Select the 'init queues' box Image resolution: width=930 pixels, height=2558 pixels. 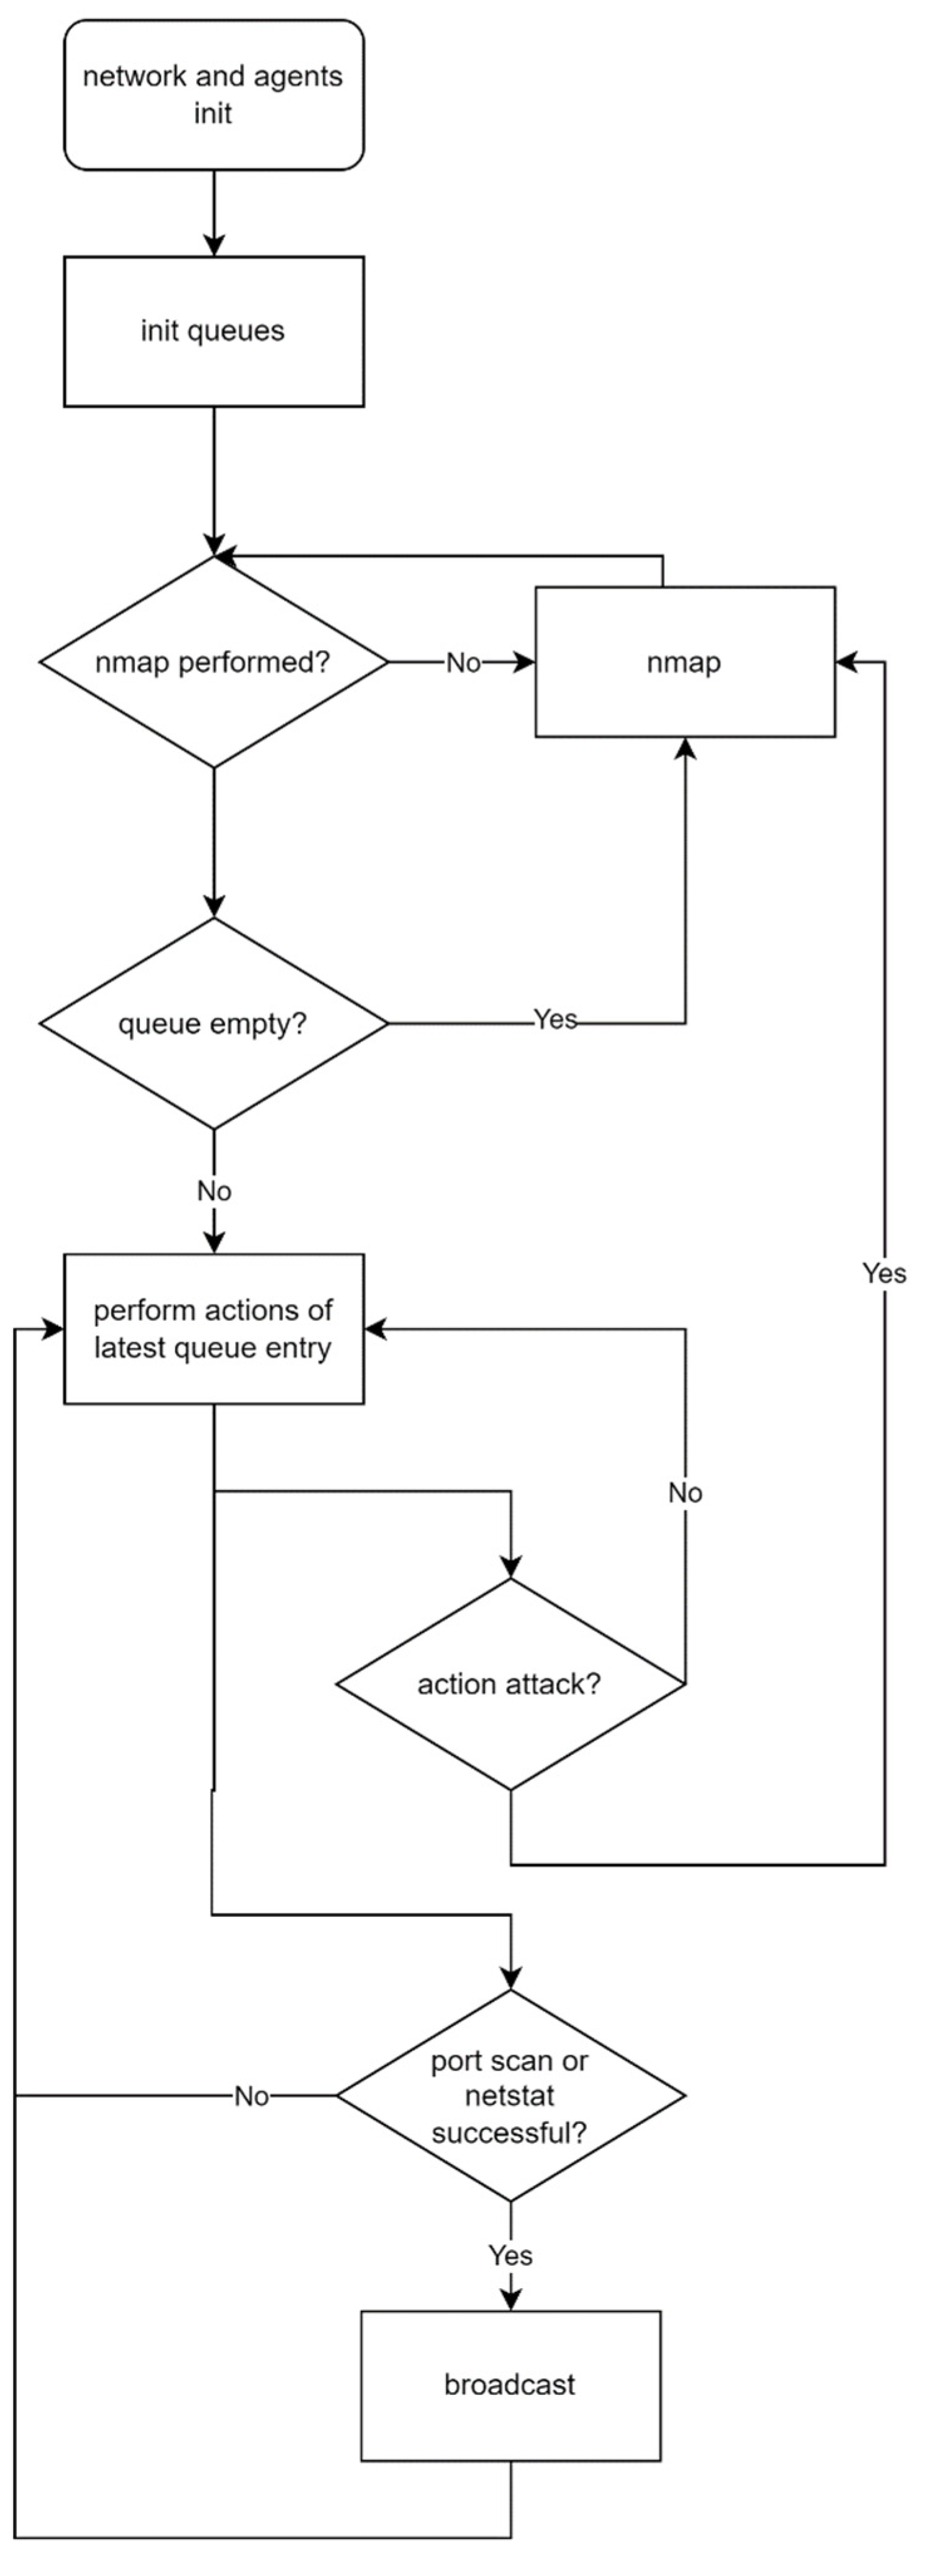click(213, 331)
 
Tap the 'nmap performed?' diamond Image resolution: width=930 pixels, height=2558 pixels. click(213, 663)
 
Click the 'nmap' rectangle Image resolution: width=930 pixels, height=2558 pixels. click(685, 663)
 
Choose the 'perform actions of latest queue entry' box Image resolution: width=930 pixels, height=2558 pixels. click(213, 1329)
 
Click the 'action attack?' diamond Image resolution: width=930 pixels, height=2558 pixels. click(510, 1684)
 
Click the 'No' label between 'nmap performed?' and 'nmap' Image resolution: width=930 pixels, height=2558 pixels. click(463, 663)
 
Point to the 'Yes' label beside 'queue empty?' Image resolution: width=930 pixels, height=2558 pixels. click(555, 1020)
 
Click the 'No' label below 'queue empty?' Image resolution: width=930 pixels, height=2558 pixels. click(213, 1191)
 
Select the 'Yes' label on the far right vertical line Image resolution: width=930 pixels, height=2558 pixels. click(884, 1273)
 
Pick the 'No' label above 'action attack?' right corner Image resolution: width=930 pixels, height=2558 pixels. click(685, 1493)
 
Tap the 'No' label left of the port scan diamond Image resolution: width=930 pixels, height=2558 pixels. click(251, 2096)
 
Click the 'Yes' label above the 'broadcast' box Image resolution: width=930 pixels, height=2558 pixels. click(510, 2255)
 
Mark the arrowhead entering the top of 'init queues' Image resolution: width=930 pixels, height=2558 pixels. click(213, 247)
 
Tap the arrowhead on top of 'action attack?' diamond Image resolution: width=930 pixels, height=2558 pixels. click(510, 1567)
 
